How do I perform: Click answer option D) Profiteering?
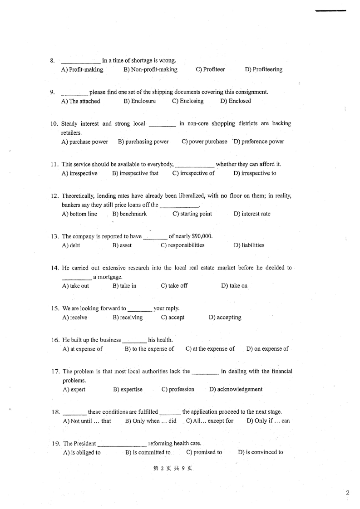(x=263, y=69)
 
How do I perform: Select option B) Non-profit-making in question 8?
(x=150, y=69)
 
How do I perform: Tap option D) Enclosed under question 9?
(x=235, y=101)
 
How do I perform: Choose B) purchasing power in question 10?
(x=143, y=142)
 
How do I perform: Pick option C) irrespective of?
(x=193, y=173)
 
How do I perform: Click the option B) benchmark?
(x=129, y=214)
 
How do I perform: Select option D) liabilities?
(x=249, y=245)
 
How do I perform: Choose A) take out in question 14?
(x=75, y=286)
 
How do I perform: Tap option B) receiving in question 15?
(x=128, y=318)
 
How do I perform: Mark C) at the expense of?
(x=210, y=349)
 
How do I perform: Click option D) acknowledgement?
(x=236, y=389)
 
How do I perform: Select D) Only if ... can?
(x=268, y=421)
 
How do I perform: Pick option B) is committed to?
(x=148, y=452)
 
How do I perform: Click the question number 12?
(x=54, y=196)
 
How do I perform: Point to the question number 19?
(x=55, y=444)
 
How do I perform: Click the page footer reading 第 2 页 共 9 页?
(x=173, y=469)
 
